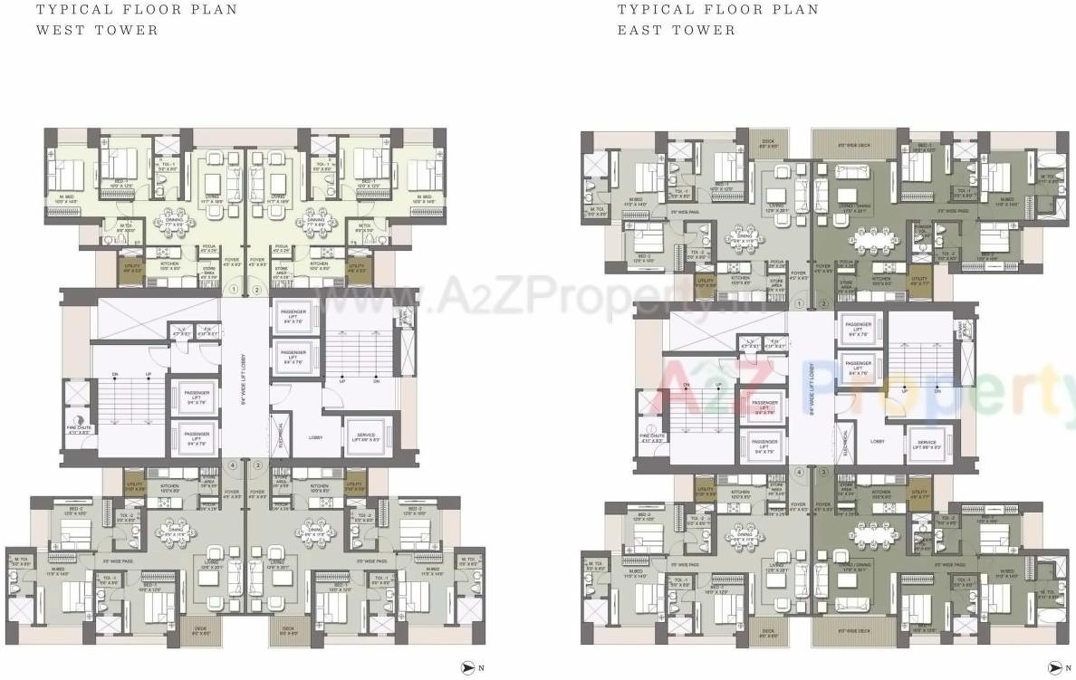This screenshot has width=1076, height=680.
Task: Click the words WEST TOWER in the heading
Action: (96, 30)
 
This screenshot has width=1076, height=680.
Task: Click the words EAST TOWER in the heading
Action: (677, 30)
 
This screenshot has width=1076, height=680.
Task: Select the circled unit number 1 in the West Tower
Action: (235, 290)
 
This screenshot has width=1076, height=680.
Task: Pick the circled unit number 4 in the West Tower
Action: (235, 465)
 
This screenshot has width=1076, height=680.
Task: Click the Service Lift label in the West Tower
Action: (365, 438)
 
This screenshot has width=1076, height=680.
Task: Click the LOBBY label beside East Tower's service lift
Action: (877, 442)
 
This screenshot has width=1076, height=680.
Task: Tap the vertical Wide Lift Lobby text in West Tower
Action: (245, 380)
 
